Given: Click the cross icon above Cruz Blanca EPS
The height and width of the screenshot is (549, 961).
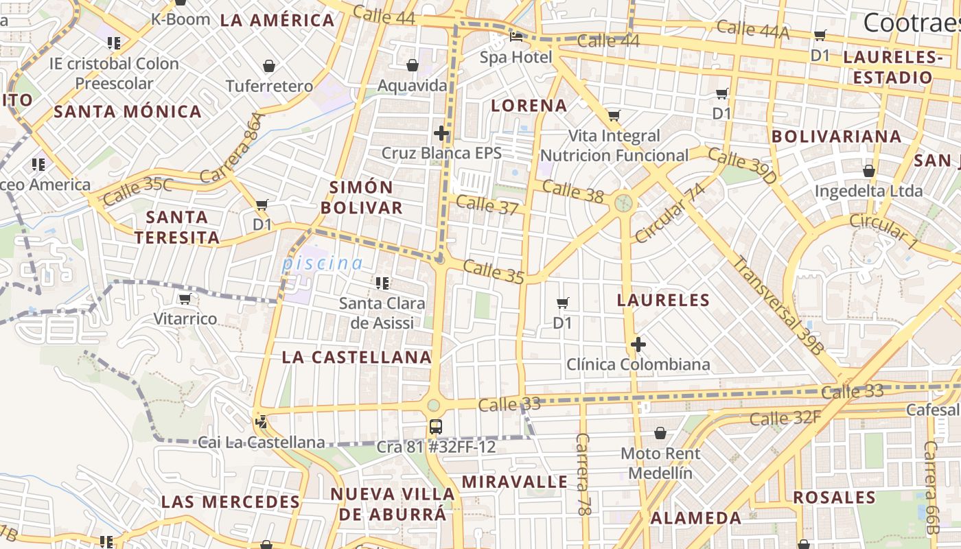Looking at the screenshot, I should [x=441, y=132].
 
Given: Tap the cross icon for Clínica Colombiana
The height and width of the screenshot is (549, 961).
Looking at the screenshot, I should [x=638, y=344].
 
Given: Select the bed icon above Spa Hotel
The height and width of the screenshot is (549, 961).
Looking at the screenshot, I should [x=516, y=36].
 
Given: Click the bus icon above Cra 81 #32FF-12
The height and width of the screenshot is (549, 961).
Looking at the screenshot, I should [x=435, y=426].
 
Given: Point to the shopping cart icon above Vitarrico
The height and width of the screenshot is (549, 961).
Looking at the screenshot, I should [x=184, y=299].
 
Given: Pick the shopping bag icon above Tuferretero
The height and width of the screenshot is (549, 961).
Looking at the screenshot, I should [x=269, y=66].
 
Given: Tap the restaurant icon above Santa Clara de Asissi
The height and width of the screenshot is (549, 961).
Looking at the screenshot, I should [x=382, y=283].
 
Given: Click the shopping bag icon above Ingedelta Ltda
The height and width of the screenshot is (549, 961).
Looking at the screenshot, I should [x=869, y=170].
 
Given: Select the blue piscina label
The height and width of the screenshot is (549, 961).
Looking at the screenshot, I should [x=323, y=263].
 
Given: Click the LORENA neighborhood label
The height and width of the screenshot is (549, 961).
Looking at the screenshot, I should [x=529, y=106].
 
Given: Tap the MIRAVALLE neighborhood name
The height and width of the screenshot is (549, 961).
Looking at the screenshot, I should [x=515, y=482].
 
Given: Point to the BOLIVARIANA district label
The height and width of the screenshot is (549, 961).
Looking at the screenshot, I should [x=837, y=136].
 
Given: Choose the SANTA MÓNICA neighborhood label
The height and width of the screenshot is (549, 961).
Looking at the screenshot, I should [x=128, y=111].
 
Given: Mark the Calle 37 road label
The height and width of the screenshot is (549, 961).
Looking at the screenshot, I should [x=487, y=205].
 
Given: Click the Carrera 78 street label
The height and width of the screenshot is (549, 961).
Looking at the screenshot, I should [x=583, y=474].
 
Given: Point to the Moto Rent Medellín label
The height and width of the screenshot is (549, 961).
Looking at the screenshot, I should [x=660, y=463].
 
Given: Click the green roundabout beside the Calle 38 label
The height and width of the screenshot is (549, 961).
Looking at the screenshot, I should [x=623, y=202].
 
